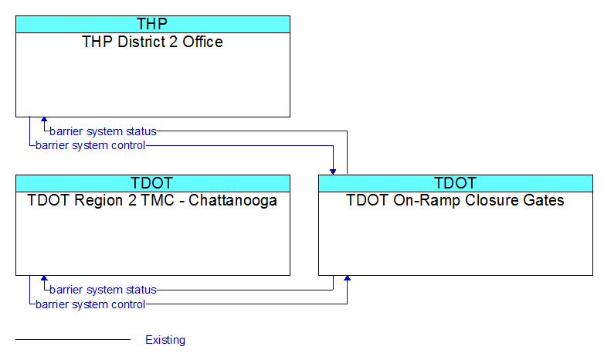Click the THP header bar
tap(153, 24)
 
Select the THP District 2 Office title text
tap(152, 42)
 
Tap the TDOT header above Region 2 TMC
tap(153, 183)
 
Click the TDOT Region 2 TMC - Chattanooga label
tap(152, 200)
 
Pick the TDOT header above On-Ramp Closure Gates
tap(456, 183)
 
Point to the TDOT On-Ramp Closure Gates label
tap(455, 200)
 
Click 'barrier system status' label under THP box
tap(103, 131)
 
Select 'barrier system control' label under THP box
tap(90, 145)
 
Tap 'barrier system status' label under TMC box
tap(103, 290)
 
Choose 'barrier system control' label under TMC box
tap(90, 304)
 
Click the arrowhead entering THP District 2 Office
tap(44, 120)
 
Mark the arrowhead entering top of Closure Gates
tap(333, 172)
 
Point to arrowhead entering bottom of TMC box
tap(44, 278)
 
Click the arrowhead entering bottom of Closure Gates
tap(347, 278)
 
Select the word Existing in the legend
tap(165, 340)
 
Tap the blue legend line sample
tap(73, 340)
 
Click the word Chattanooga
tap(232, 200)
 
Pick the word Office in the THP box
tap(202, 42)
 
